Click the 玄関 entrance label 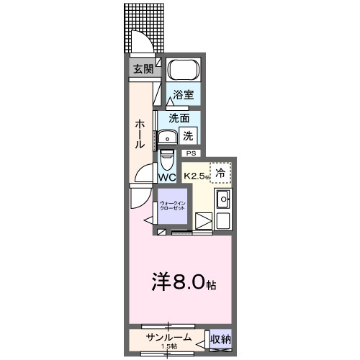pos(143,69)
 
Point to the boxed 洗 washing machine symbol pos(188,135)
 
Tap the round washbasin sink pos(168,137)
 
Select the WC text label pos(167,177)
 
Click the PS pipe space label pos(191,153)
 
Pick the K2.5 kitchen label pos(197,175)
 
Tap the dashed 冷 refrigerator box pos(221,173)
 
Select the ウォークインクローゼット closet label pos(172,206)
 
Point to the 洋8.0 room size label pos(180,282)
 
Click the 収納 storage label pos(221,338)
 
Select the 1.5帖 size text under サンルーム pos(168,347)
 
